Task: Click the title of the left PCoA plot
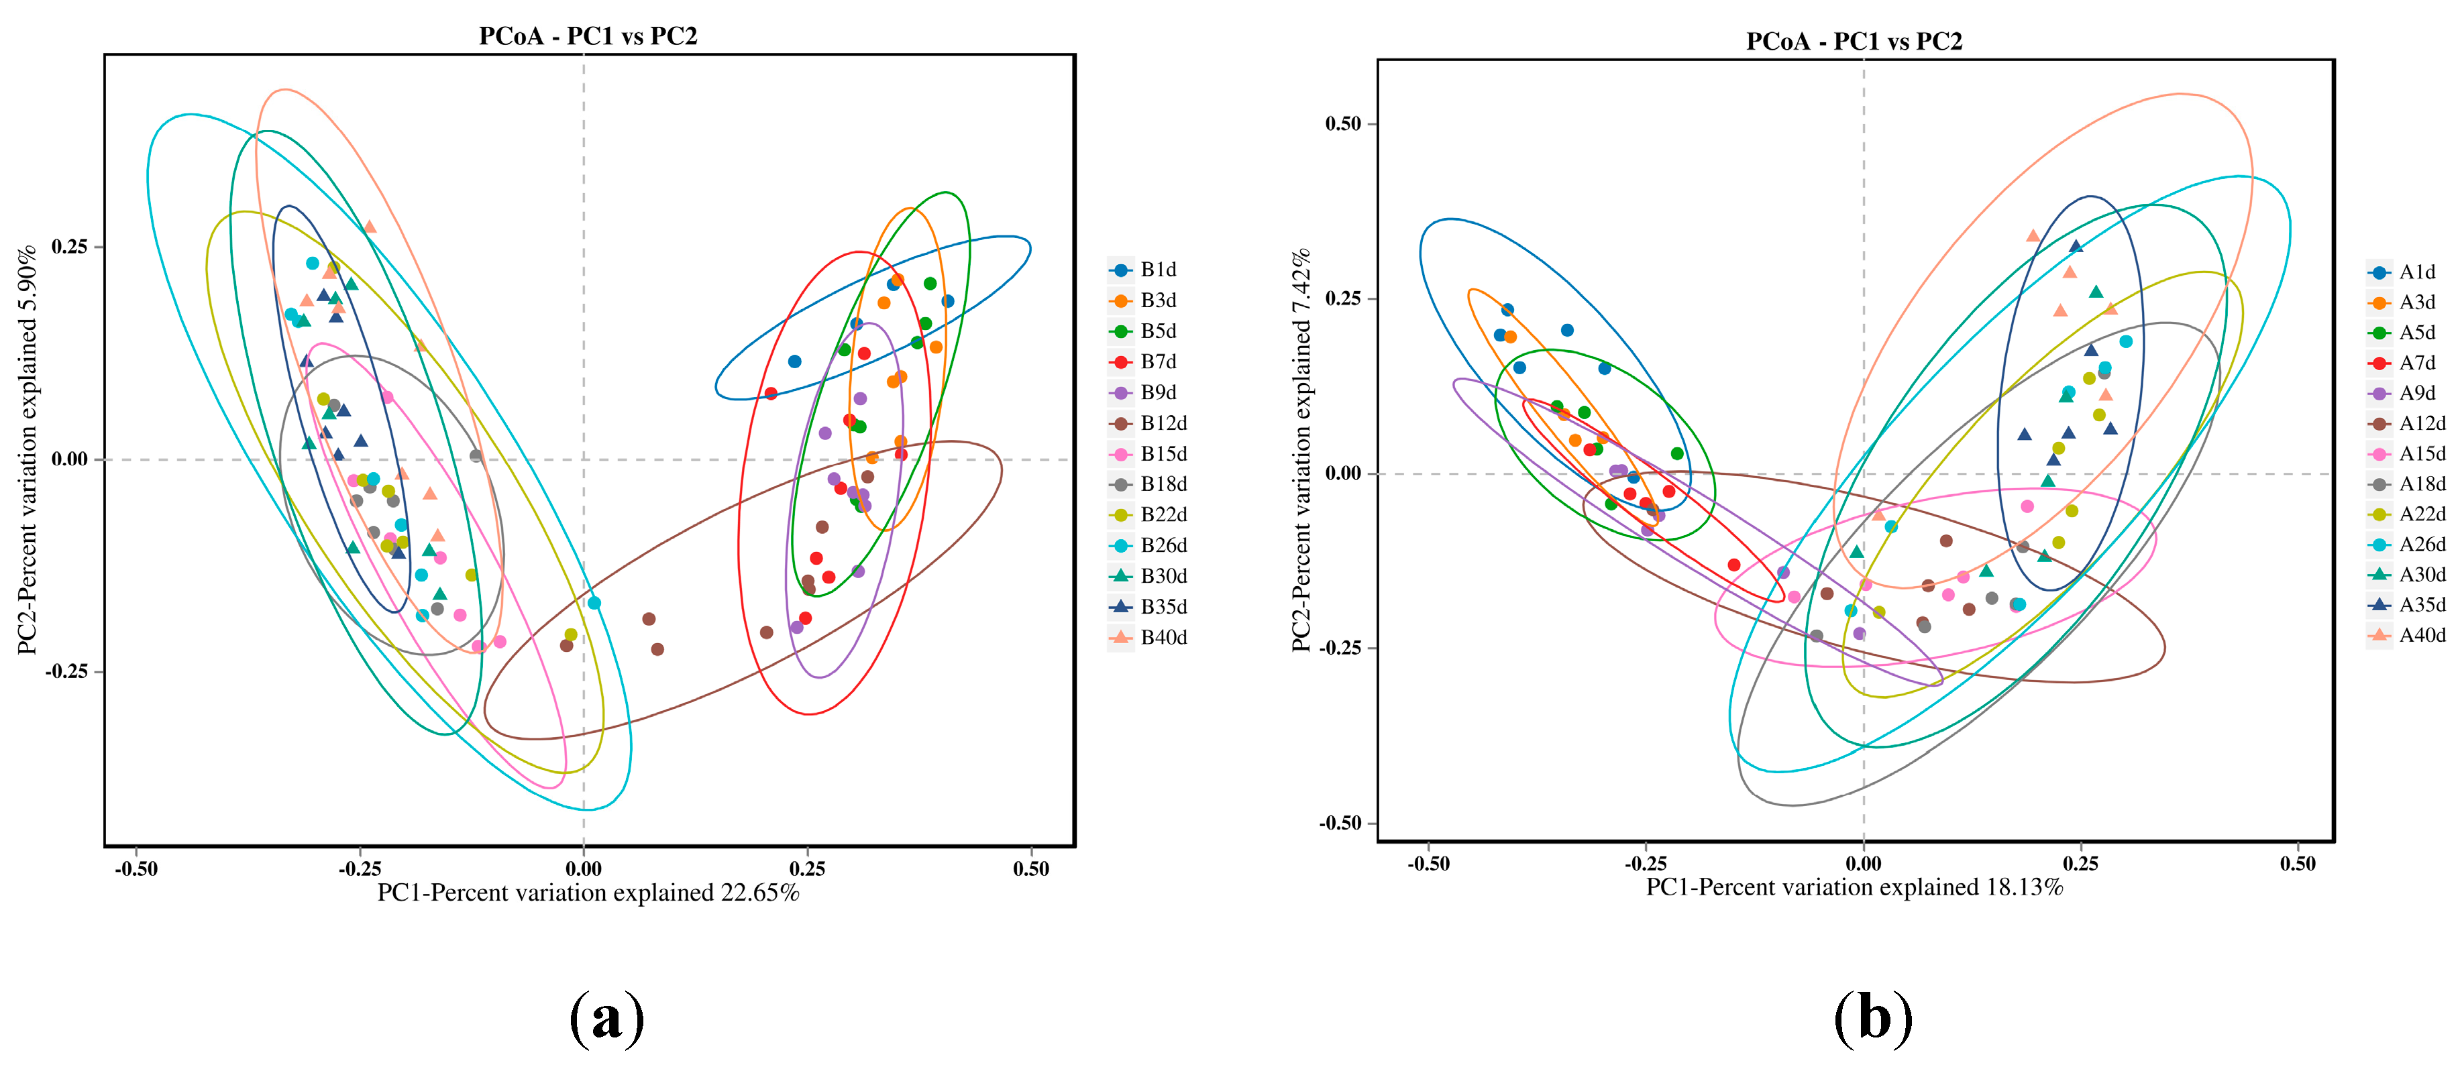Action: (x=588, y=36)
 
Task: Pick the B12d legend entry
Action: (x=1150, y=423)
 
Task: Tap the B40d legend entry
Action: (x=1150, y=637)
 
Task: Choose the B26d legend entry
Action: (x=1150, y=545)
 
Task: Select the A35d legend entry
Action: (x=2408, y=605)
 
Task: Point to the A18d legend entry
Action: (x=2408, y=484)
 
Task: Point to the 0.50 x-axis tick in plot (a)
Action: (x=1030, y=868)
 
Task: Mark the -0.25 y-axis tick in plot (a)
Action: (x=67, y=672)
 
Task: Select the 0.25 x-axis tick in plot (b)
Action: (x=2081, y=864)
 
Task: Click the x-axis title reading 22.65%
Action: (x=588, y=893)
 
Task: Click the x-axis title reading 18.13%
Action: (x=1854, y=887)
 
